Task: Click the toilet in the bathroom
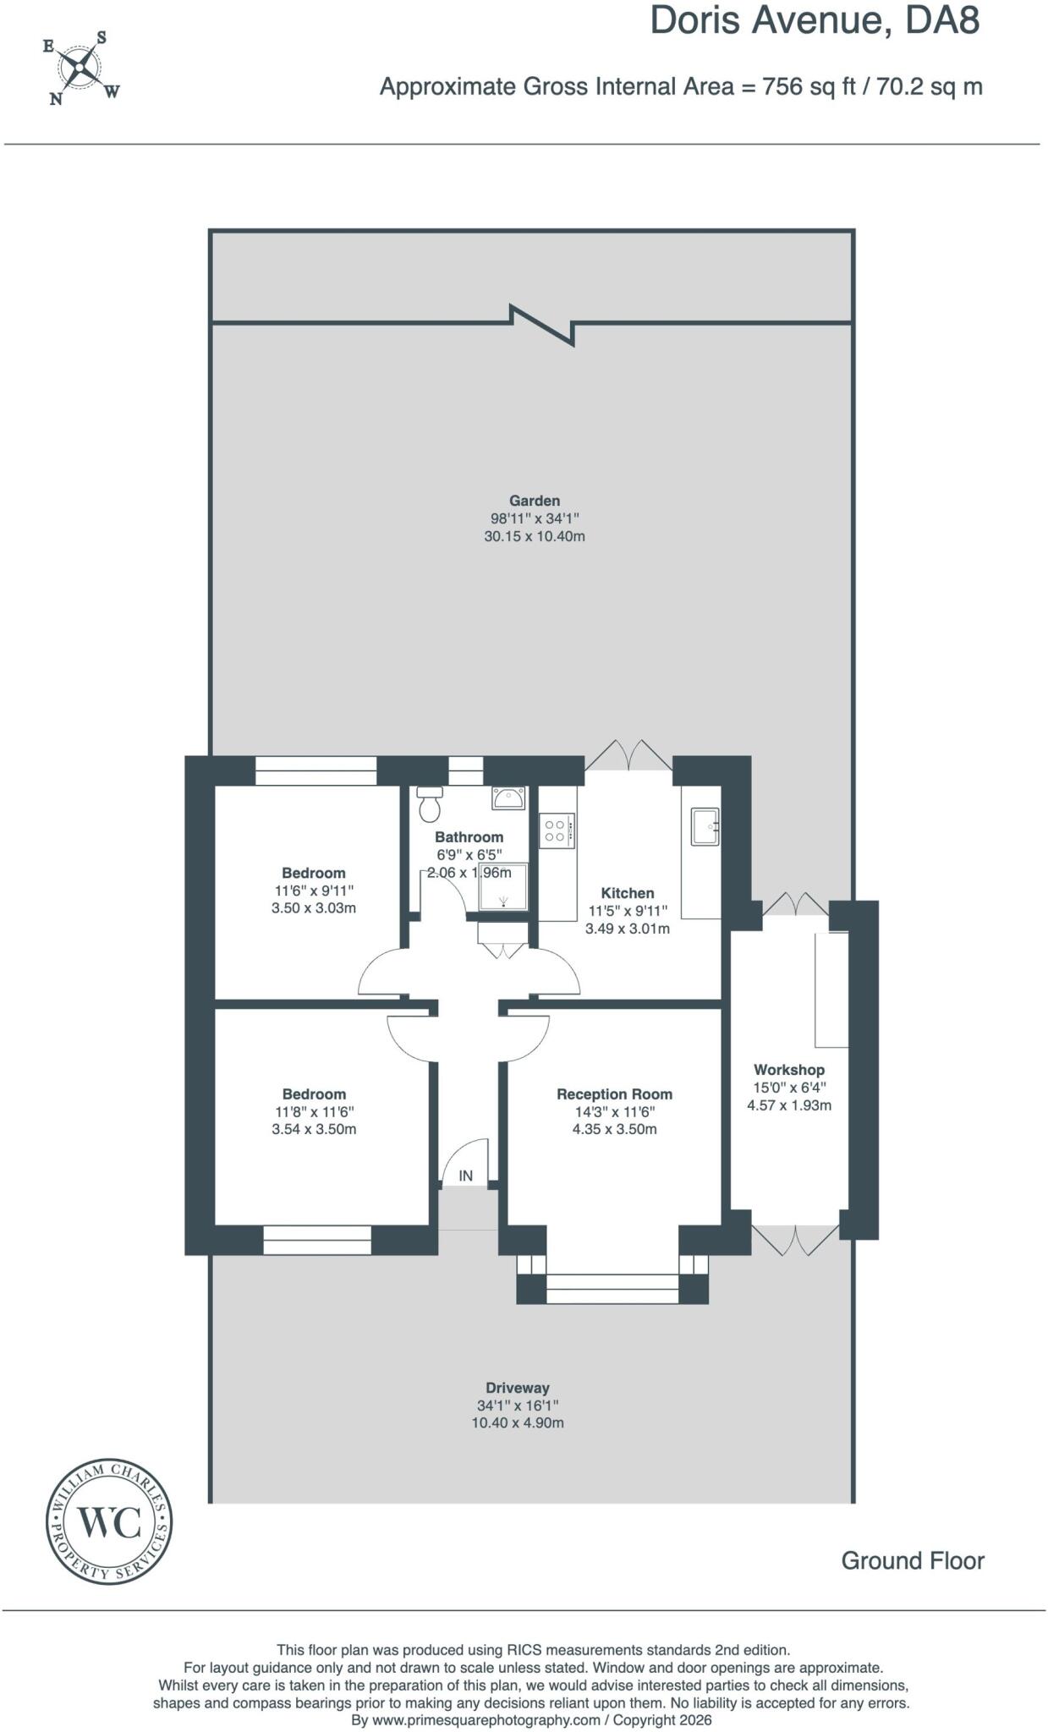431,804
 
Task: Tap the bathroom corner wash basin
509,797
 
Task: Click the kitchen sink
705,826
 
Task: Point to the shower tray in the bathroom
503,886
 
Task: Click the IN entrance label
466,1176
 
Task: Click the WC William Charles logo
109,1521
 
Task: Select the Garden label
535,501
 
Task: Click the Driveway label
518,1388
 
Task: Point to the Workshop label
789,1070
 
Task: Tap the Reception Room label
615,1094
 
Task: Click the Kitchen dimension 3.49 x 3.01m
628,929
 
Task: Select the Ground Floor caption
913,1561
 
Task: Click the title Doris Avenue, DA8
815,21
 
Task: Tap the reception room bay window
612,1288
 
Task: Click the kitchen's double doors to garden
628,755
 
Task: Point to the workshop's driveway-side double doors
796,1239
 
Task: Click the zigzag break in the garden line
542,325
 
